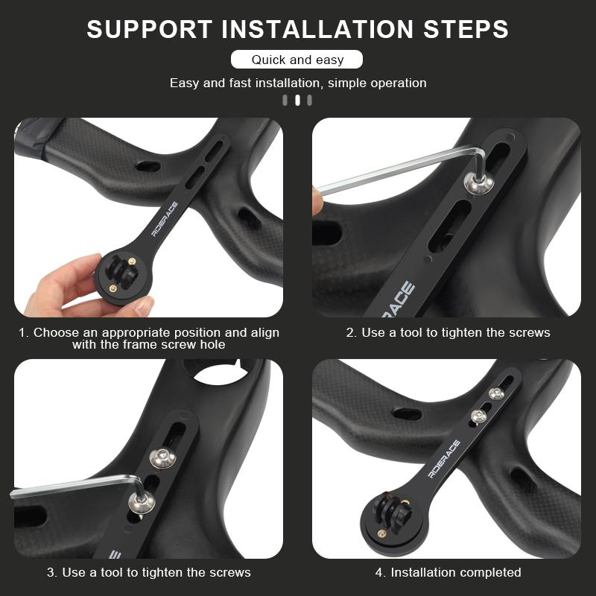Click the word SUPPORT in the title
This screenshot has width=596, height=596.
(150, 29)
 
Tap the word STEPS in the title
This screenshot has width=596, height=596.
(466, 29)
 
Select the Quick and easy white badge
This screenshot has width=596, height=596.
(297, 60)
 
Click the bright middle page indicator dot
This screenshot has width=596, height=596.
(297, 101)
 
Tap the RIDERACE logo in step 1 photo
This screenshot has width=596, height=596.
(165, 220)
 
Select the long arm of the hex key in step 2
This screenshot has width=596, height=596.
(396, 169)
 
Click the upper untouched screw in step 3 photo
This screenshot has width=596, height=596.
(162, 459)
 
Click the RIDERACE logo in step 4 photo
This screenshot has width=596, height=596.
(444, 459)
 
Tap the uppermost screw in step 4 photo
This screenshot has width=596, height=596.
(496, 394)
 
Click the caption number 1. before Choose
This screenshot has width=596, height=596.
(24, 333)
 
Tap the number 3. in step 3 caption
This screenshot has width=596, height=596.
(52, 572)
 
